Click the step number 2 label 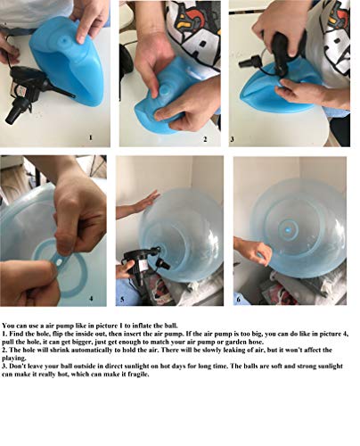(x=205, y=139)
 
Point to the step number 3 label (x=233, y=139)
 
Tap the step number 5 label (x=123, y=299)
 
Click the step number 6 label (x=238, y=299)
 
